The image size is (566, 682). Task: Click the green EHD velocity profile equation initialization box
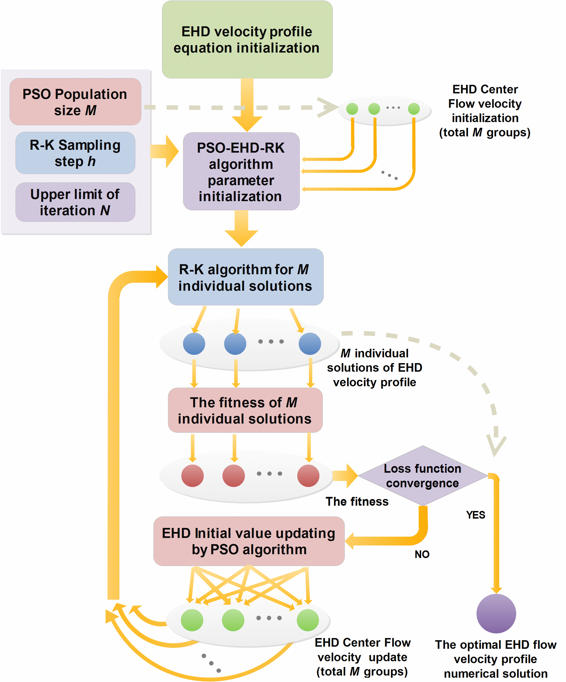pyautogui.click(x=247, y=39)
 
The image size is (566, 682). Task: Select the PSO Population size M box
pyautogui.click(x=75, y=102)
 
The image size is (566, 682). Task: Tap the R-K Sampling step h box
pyautogui.click(x=75, y=153)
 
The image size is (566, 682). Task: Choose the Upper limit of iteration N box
pyautogui.click(x=75, y=202)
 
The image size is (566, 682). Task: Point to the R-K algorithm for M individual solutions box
pyautogui.click(x=245, y=277)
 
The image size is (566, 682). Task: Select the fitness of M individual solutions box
pyautogui.click(x=245, y=410)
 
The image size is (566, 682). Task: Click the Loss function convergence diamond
pyautogui.click(x=422, y=476)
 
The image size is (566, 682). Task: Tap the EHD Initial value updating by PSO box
pyautogui.click(x=249, y=541)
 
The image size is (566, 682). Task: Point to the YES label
pyautogui.click(x=475, y=515)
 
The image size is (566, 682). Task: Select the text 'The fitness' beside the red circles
pyautogui.click(x=357, y=501)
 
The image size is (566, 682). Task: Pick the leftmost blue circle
pyautogui.click(x=194, y=344)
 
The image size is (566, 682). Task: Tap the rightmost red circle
pyautogui.click(x=308, y=476)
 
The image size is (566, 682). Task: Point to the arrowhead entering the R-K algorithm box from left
pyautogui.click(x=162, y=277)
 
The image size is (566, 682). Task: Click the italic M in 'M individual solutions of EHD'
pyautogui.click(x=345, y=353)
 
